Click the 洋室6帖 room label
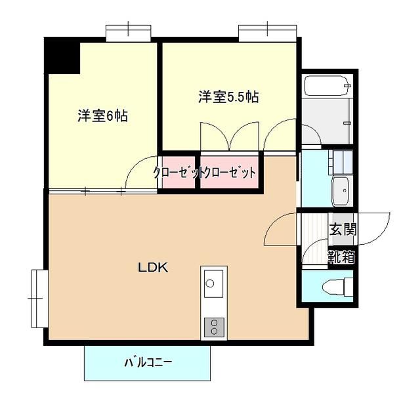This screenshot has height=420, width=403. (102, 116)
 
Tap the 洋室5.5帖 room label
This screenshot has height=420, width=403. (228, 97)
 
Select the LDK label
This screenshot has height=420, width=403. (153, 268)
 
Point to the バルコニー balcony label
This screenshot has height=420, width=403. (148, 362)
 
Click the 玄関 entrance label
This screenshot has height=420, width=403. (343, 230)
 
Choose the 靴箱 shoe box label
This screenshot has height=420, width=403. (342, 257)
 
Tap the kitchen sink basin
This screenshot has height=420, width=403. (211, 283)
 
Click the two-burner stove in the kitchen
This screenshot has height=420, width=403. (214, 325)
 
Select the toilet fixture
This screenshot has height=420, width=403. (338, 286)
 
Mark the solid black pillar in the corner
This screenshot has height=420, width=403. (62, 56)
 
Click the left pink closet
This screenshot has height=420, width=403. (177, 173)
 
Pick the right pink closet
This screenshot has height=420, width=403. (228, 173)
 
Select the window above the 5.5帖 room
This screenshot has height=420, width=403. (267, 31)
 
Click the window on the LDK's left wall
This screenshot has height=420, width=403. (37, 298)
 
